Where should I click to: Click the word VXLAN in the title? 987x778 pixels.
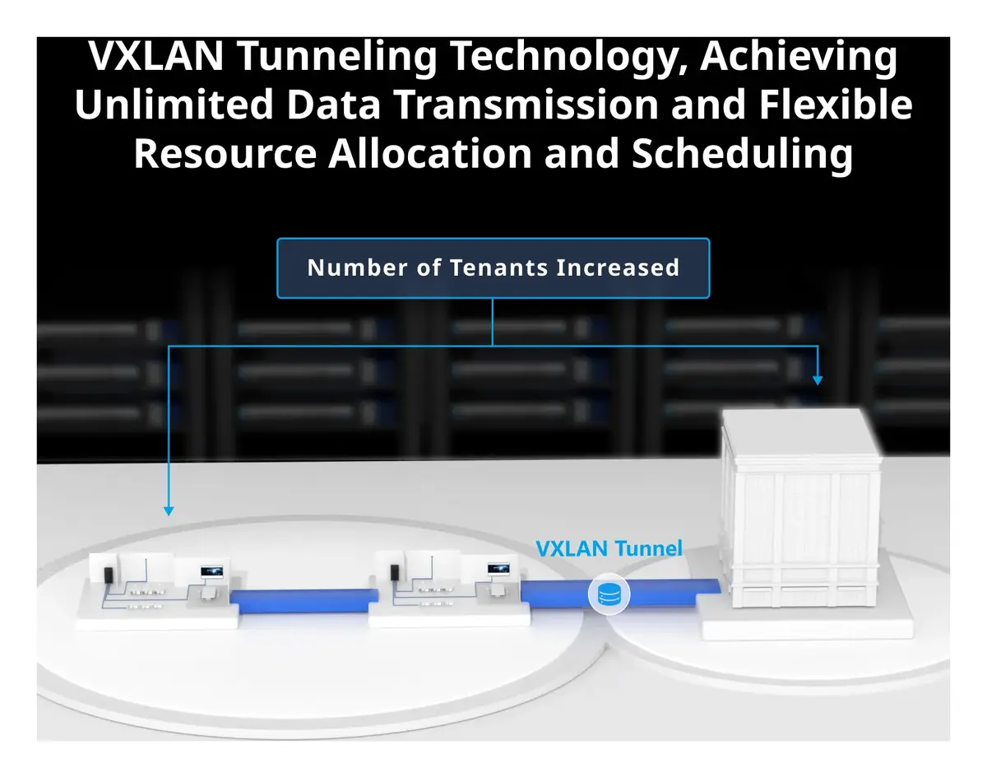pos(156,56)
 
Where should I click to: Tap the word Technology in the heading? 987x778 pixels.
pos(569,58)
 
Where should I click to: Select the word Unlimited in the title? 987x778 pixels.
pos(174,105)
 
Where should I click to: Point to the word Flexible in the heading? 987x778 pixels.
pos(836,105)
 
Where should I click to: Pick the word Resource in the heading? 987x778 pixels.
pos(225,154)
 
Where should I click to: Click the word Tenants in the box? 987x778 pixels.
pos(499,268)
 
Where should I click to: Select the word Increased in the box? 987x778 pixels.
pos(618,268)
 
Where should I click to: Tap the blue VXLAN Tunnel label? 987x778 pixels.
pos(609,548)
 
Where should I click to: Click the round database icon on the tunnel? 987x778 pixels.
pos(609,594)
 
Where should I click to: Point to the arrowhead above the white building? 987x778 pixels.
pos(818,380)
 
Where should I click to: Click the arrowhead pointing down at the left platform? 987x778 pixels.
pos(169,511)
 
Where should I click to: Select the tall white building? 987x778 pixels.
pos(800,507)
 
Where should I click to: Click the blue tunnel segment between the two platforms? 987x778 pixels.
pos(304,601)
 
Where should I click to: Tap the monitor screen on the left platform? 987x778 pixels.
pos(212,572)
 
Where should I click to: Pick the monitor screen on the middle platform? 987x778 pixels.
pos(498,570)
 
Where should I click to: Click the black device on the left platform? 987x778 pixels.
pos(109,575)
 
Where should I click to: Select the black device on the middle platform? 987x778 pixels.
pos(395,573)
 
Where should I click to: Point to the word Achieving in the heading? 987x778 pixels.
pos(799,58)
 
